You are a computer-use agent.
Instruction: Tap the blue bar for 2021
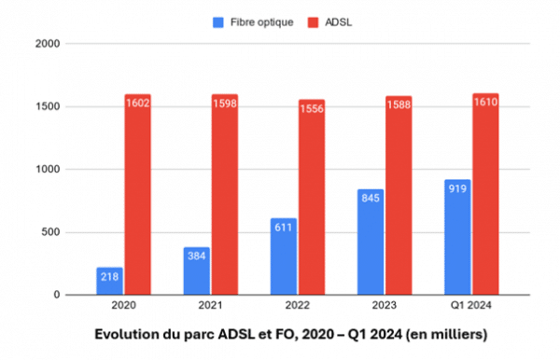point(196,270)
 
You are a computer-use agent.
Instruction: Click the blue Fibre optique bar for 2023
point(370,242)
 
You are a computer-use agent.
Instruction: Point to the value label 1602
point(137,102)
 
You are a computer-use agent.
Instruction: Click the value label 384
point(196,255)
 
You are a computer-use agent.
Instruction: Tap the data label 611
point(283,226)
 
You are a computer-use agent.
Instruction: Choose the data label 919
point(457,187)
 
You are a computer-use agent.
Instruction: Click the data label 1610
point(485,101)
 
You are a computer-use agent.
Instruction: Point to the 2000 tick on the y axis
point(49,44)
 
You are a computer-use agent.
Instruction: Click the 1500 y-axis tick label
point(49,106)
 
